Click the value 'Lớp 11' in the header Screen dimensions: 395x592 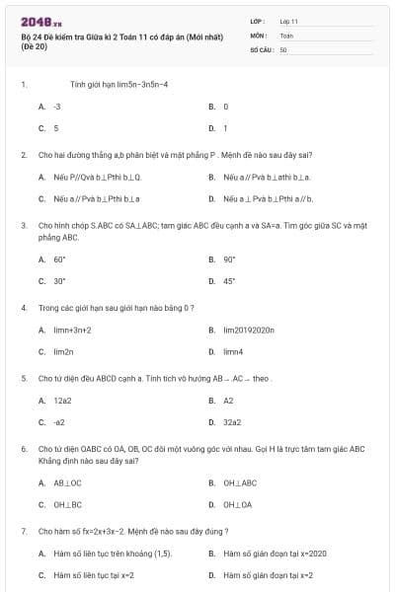(288, 21)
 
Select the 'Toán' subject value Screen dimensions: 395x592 (286, 35)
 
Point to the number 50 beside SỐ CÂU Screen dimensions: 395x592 (283, 48)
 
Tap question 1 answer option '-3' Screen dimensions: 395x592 (57, 106)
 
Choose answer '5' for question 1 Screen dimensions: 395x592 (56, 128)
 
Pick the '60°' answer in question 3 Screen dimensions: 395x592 (59, 259)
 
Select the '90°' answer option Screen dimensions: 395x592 (229, 259)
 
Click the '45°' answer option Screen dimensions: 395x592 (229, 281)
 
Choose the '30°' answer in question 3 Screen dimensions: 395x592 (59, 281)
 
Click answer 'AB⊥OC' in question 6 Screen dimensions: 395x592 (67, 482)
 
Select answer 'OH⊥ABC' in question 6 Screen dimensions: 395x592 (240, 482)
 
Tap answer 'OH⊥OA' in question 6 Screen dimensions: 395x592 (237, 504)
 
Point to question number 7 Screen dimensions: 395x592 (23, 531)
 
